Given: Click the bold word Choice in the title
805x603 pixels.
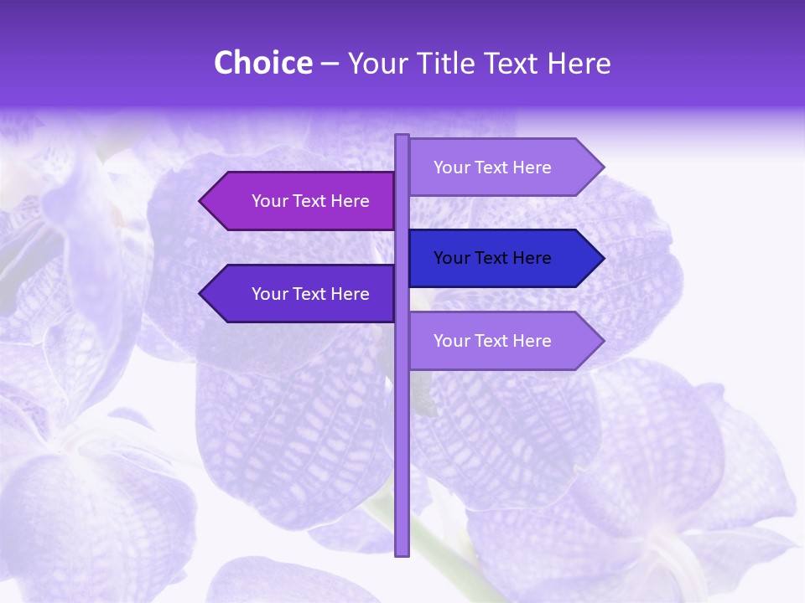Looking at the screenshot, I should click(262, 63).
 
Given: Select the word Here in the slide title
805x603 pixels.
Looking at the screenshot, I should click(579, 64).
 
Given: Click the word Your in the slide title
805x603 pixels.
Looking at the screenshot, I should click(377, 64).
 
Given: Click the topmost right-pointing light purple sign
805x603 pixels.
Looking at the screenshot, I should click(495, 167).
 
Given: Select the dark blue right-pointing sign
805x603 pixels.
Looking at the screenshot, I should click(495, 258).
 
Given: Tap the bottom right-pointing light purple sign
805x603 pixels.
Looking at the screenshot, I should click(495, 341).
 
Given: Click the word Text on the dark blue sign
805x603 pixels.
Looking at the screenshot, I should click(492, 258).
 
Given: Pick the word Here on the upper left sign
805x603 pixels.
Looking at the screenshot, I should click(350, 201).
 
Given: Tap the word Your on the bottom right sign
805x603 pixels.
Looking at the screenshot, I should click(451, 341).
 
